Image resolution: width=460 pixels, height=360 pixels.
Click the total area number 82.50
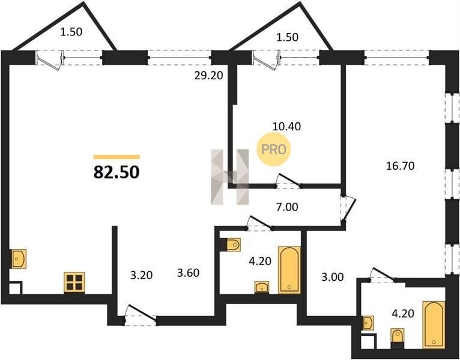pyautogui.click(x=117, y=172)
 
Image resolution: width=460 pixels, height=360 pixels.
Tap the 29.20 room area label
pyautogui.click(x=208, y=76)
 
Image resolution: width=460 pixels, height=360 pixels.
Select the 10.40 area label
pyautogui.click(x=286, y=127)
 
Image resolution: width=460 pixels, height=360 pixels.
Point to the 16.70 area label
pyautogui.click(x=400, y=166)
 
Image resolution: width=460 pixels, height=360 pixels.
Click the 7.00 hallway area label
pyautogui.click(x=287, y=207)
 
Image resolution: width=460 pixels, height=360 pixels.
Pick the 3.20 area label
pyautogui.click(x=142, y=275)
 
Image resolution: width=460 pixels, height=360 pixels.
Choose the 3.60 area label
pyautogui.click(x=189, y=273)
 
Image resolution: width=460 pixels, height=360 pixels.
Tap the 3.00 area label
pyautogui.click(x=332, y=277)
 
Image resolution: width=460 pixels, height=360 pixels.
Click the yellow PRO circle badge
pyautogui.click(x=273, y=149)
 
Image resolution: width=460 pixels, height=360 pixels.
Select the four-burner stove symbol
pyautogui.click(x=74, y=283)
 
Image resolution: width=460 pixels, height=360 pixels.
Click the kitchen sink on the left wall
pyautogui.click(x=19, y=259)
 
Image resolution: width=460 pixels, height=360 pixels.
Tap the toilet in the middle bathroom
pyautogui.click(x=234, y=244)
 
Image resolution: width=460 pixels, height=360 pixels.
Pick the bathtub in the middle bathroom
pyautogui.click(x=289, y=270)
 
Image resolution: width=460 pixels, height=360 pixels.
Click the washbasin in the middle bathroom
pyautogui.click(x=262, y=287)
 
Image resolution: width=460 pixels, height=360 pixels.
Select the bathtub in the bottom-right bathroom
pyautogui.click(x=434, y=325)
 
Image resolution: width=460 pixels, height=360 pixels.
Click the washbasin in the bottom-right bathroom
pyautogui.click(x=368, y=323)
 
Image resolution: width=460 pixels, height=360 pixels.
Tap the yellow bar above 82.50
pyautogui.click(x=117, y=157)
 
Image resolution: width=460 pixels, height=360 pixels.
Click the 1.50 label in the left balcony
pyautogui.click(x=71, y=32)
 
